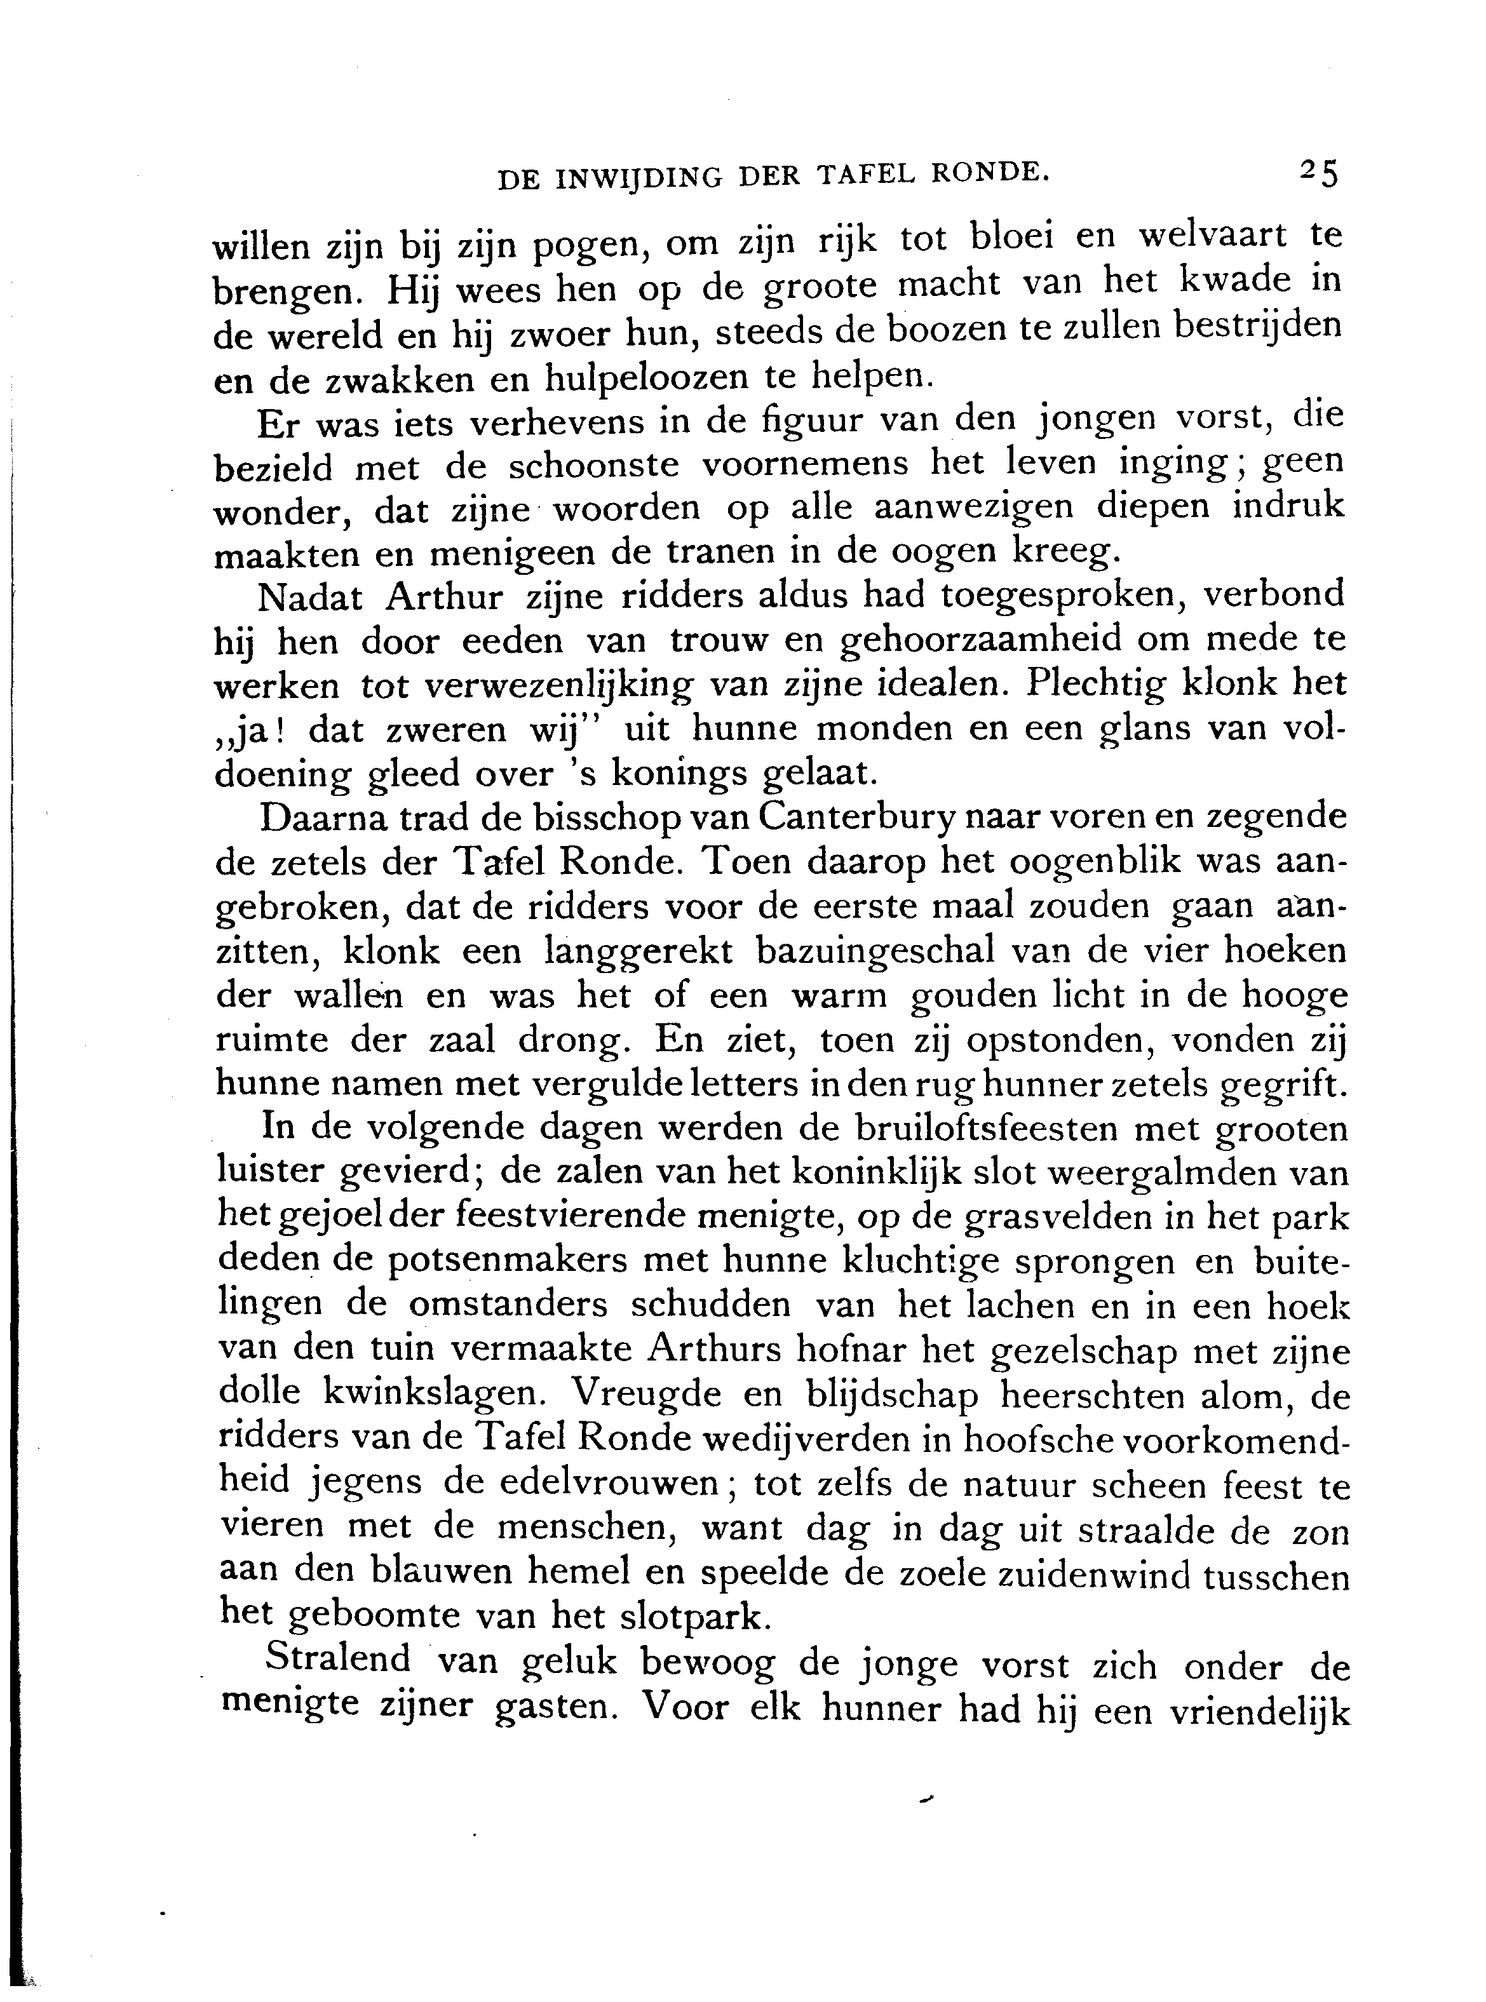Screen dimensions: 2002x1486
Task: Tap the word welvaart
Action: (x=1213, y=236)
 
